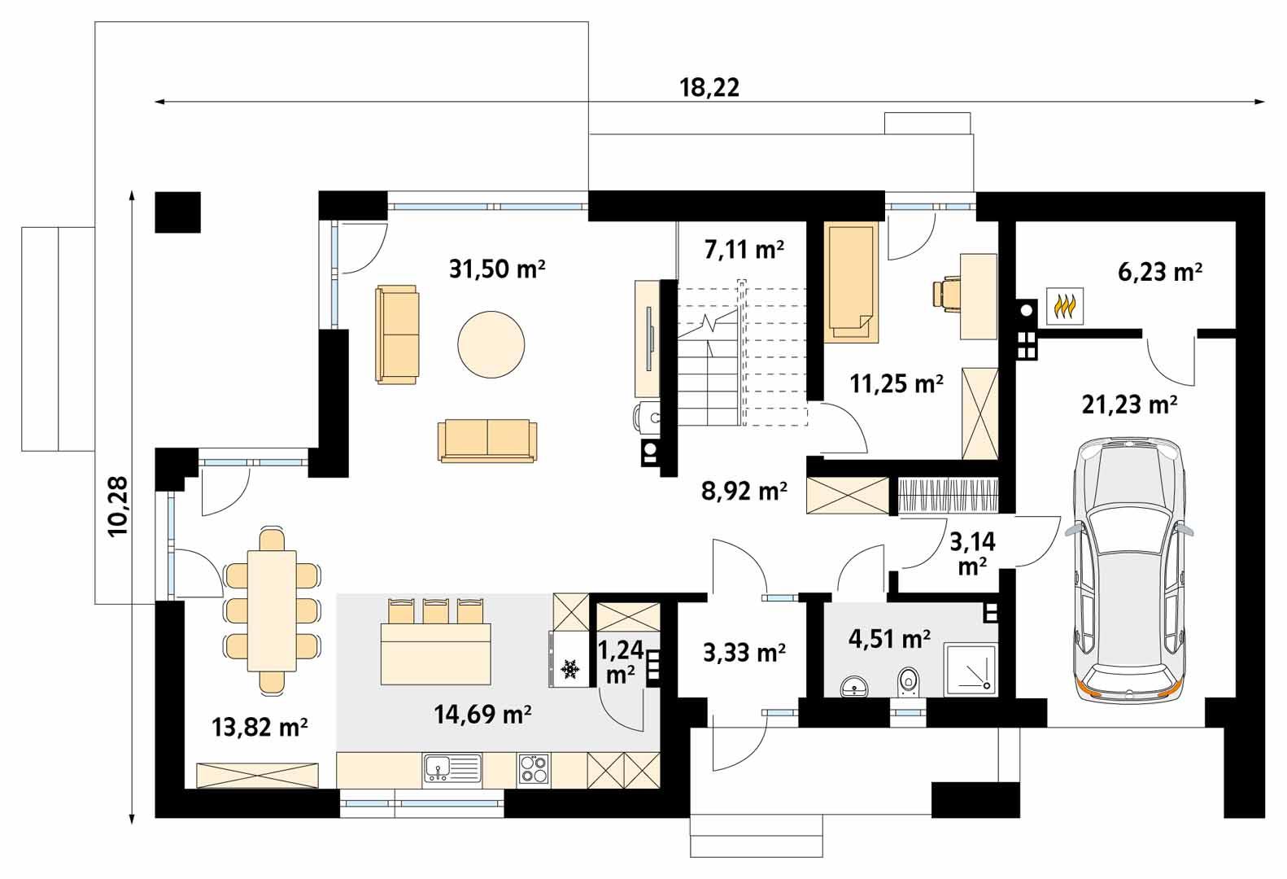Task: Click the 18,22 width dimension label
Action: tap(709, 88)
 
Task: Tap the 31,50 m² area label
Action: tap(496, 269)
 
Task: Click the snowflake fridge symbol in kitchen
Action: tap(570, 669)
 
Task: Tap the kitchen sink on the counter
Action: tap(452, 768)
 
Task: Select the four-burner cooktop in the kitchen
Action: tap(533, 768)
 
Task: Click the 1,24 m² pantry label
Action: tap(621, 661)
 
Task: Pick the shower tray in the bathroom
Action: tap(970, 670)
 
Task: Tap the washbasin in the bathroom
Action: tap(853, 686)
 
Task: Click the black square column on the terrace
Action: tap(177, 212)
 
